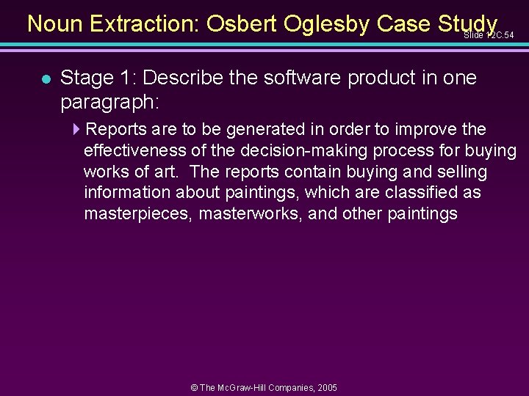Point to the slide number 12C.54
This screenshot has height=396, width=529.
point(489,35)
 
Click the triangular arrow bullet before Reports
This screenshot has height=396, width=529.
point(78,130)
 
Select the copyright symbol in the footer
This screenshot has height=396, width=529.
point(194,387)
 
